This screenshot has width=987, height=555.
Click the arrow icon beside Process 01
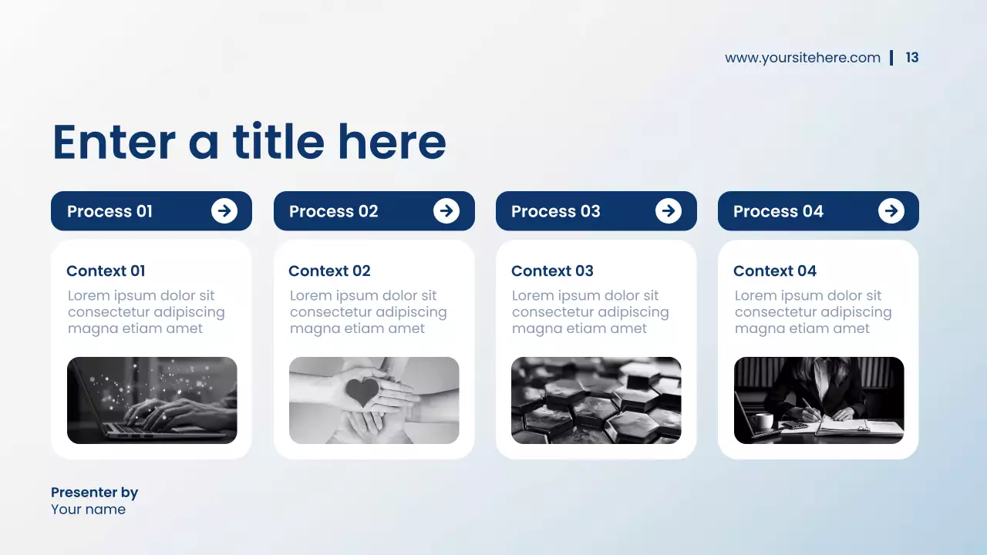(224, 210)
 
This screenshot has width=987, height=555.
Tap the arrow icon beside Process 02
(446, 210)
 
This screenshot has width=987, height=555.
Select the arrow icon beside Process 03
(669, 210)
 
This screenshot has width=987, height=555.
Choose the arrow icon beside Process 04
(891, 210)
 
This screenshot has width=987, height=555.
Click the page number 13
(912, 58)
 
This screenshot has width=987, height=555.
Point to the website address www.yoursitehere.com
(802, 58)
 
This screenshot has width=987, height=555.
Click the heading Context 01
(106, 271)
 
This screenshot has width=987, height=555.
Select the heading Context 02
(329, 271)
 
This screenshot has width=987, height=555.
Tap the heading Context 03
(552, 271)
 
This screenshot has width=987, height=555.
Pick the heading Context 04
(774, 271)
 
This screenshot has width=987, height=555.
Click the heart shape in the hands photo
(362, 392)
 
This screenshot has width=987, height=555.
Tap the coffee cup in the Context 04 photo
(763, 421)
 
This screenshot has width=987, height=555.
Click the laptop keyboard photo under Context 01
(152, 400)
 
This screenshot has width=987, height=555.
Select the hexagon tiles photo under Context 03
(596, 400)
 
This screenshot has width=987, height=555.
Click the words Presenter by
(94, 493)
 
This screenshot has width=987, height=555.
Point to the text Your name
(88, 510)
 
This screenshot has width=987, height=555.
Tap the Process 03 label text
(555, 211)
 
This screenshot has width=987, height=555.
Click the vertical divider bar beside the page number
(891, 58)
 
